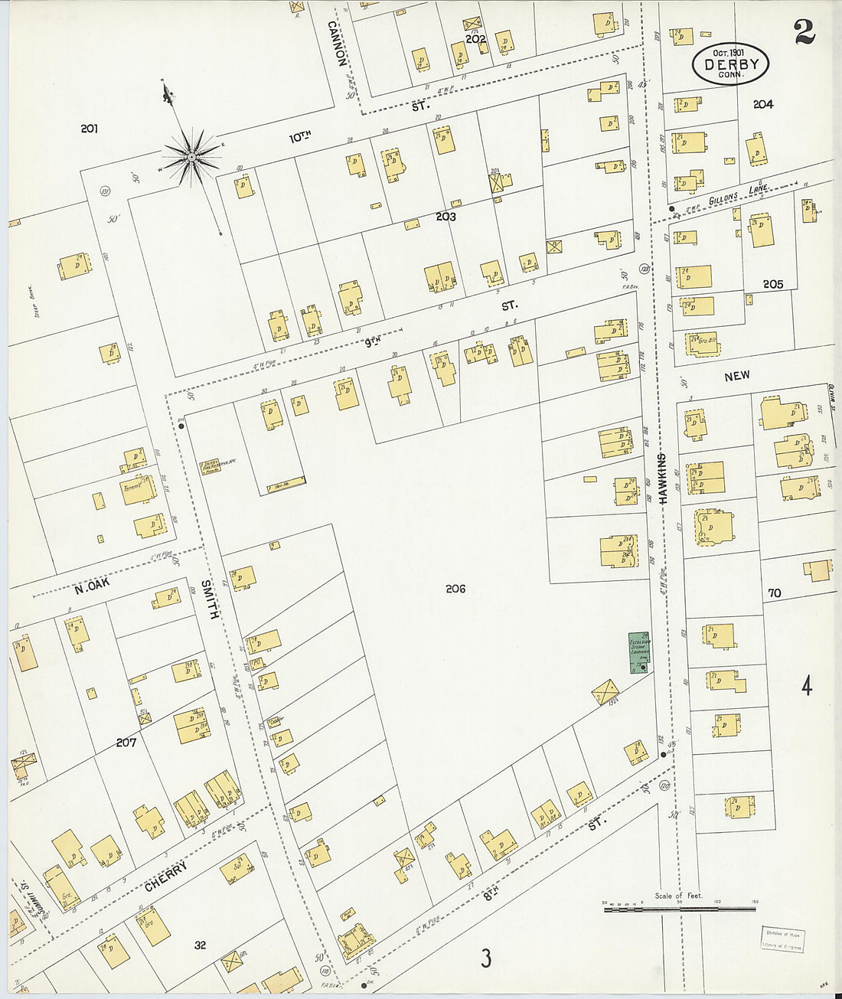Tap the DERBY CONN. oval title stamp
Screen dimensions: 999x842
pos(730,64)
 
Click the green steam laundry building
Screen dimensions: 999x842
pos(638,653)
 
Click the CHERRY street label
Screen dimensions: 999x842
pos(165,879)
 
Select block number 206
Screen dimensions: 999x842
pos(455,589)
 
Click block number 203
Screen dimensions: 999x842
pos(445,217)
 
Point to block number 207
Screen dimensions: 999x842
pos(126,743)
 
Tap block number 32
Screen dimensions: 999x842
pos(200,945)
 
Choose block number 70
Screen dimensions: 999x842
pos(775,593)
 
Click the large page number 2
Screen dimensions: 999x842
pos(803,31)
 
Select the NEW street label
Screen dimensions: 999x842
pos(736,376)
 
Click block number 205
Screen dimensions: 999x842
pos(773,284)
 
